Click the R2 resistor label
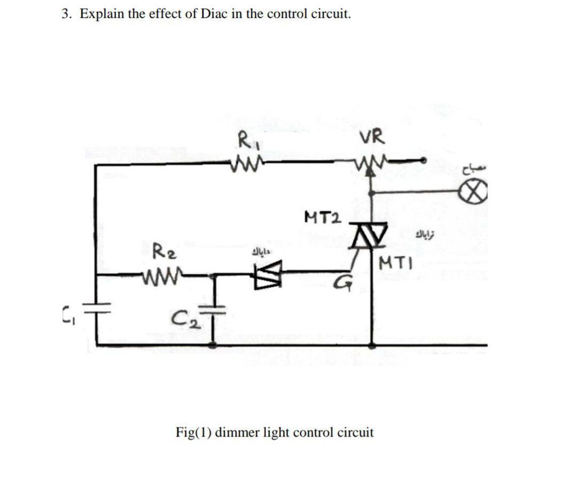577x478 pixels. pyautogui.click(x=161, y=249)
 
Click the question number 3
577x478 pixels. pyautogui.click(x=66, y=14)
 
